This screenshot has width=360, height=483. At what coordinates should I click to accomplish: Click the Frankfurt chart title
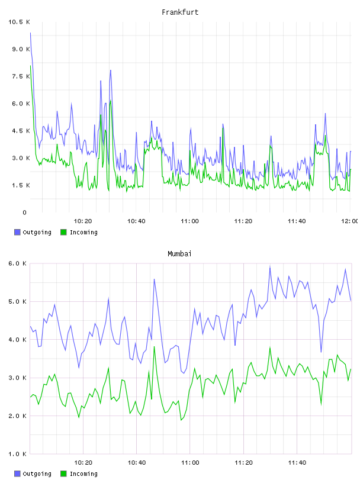180,12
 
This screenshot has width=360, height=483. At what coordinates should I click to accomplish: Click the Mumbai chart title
179,253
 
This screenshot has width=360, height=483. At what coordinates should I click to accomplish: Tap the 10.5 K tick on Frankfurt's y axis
19,22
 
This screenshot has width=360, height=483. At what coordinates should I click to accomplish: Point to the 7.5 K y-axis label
21,76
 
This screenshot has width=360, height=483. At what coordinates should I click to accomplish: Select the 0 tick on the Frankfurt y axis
25,212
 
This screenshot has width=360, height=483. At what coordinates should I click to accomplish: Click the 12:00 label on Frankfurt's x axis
349,221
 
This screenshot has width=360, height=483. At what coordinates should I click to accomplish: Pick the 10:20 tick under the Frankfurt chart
83,221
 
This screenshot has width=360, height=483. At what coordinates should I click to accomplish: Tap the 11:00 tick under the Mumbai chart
190,462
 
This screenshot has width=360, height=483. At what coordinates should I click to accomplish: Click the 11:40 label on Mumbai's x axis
297,462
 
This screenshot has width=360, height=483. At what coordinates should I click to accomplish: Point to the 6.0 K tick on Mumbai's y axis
18,263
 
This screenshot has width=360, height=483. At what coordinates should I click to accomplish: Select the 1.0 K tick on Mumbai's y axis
18,454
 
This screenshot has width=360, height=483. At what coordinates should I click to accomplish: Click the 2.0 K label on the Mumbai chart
18,416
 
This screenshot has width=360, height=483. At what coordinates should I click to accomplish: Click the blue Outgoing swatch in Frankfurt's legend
17,232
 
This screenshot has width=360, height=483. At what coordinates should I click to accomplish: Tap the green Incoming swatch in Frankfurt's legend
63,232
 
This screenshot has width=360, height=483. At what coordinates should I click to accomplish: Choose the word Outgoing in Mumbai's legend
37,474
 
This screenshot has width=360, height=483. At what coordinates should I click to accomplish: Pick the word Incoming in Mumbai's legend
83,474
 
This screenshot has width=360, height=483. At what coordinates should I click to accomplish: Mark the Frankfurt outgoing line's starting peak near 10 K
30,33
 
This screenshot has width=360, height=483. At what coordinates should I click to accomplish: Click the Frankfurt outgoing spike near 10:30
110,70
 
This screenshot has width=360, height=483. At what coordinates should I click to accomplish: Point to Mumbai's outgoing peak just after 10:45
154,279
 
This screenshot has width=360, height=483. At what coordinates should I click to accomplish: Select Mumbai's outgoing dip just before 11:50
321,352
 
